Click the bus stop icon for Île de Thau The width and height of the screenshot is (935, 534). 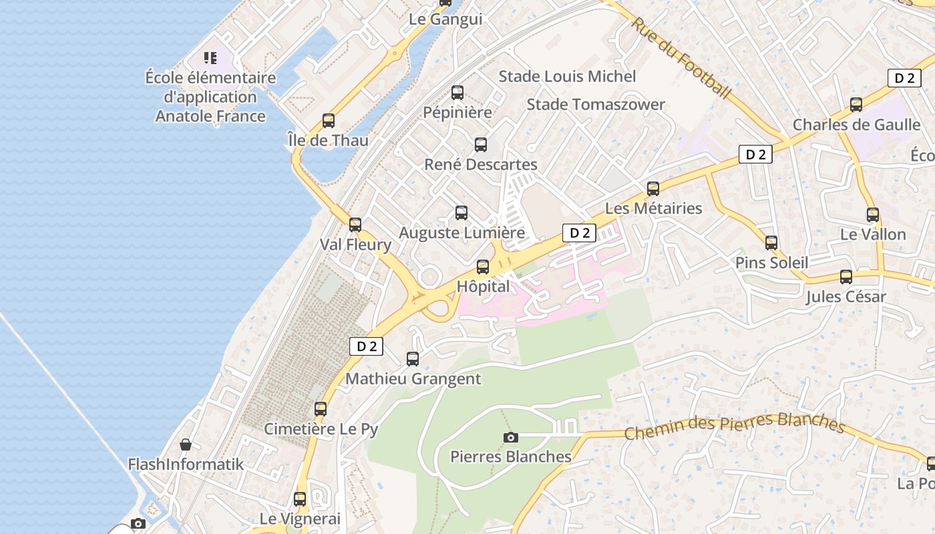point(328,121)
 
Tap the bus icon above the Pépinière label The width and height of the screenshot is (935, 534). point(457,93)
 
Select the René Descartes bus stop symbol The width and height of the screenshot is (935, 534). point(480,145)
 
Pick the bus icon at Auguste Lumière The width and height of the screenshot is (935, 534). point(461,213)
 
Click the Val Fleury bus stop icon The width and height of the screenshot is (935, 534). point(355,225)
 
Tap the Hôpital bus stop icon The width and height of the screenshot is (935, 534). point(483,267)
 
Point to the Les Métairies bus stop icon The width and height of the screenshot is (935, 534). point(653,189)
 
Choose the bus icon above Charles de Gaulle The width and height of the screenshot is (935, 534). point(856,105)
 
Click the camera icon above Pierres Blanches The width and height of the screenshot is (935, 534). point(511,437)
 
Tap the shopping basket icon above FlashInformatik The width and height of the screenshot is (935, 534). point(186,445)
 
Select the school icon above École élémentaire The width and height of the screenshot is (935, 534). point(210,59)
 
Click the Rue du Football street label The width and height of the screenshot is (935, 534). point(681,58)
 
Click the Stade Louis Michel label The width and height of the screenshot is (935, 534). point(567,77)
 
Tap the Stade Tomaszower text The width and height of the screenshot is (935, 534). point(596,105)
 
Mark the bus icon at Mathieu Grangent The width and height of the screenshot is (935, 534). point(413,359)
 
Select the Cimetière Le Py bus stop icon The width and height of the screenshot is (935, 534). point(321,409)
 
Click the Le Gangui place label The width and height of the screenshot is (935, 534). point(445,19)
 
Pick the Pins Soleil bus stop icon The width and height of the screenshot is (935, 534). point(771,243)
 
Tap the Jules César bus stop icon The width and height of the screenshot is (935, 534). point(846,277)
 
